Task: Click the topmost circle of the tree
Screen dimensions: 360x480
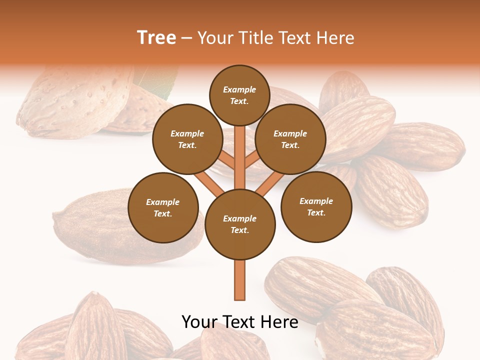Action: [x=239, y=95]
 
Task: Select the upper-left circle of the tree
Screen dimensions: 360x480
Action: [x=187, y=139]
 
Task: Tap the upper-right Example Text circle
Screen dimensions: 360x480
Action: [x=290, y=139]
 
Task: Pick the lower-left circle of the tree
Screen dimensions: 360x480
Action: [x=163, y=207]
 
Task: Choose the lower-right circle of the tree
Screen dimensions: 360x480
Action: [x=316, y=206]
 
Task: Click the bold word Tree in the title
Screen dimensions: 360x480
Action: [x=156, y=37]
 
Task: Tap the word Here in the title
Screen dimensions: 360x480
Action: [x=335, y=37]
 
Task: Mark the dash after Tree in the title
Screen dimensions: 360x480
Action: [x=187, y=37]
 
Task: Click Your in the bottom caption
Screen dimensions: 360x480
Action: [x=199, y=322]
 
